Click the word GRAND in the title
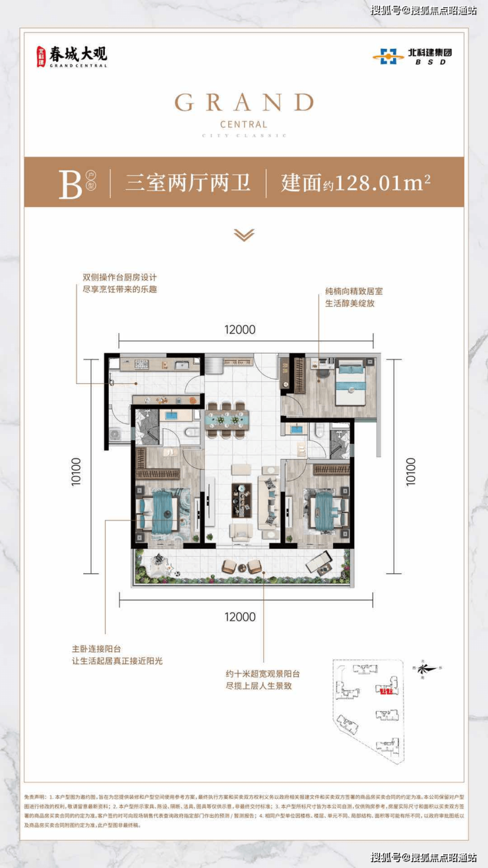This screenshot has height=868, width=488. (x=244, y=102)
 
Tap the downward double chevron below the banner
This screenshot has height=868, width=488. (x=244, y=234)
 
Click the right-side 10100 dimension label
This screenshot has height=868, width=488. (x=411, y=472)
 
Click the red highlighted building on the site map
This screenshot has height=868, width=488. (x=386, y=691)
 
